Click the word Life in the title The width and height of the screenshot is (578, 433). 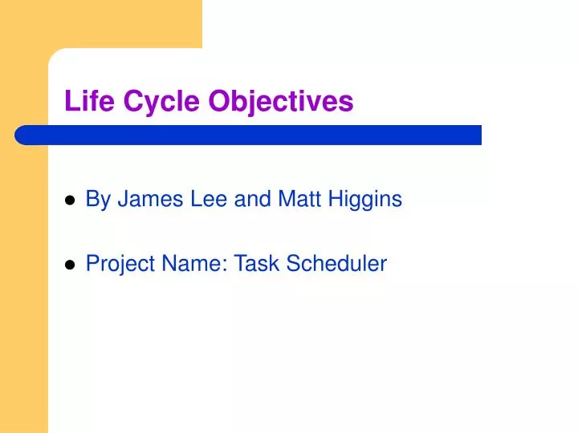(x=84, y=102)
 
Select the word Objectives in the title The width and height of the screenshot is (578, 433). (x=281, y=102)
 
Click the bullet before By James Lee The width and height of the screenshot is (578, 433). (x=70, y=200)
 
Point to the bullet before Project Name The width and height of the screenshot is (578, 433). (x=70, y=265)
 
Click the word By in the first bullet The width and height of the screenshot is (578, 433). (x=98, y=200)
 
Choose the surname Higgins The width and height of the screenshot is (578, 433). (x=364, y=200)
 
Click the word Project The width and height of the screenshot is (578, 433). (x=116, y=264)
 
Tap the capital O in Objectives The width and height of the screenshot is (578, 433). (x=218, y=102)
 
